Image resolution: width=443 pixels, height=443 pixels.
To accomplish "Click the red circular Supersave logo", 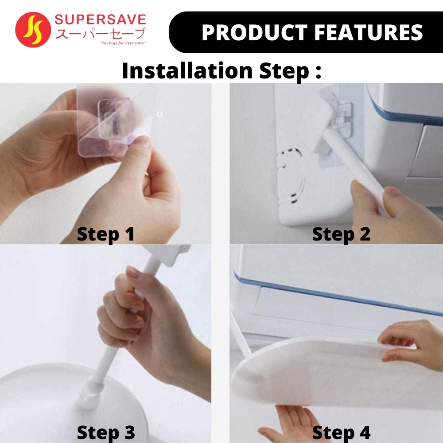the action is point(33,30).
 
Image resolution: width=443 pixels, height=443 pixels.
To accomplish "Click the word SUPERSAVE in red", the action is point(100,20).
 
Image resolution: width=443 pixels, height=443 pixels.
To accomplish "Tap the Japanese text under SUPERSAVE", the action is point(100,33).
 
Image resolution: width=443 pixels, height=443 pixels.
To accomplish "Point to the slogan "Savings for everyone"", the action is point(123,43).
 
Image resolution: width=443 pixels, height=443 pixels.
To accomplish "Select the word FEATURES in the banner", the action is point(369,32).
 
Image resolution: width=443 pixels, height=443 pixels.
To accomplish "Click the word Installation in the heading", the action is point(187,70).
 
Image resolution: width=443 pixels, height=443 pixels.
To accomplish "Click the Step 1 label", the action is point(105,234).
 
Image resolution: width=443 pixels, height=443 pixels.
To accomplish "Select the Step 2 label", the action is point(341,234).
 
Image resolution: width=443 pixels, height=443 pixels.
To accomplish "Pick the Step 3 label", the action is point(106,432).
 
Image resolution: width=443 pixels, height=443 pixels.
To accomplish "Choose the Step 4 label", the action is point(341,432).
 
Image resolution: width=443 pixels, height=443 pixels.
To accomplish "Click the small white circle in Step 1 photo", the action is point(159,114).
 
